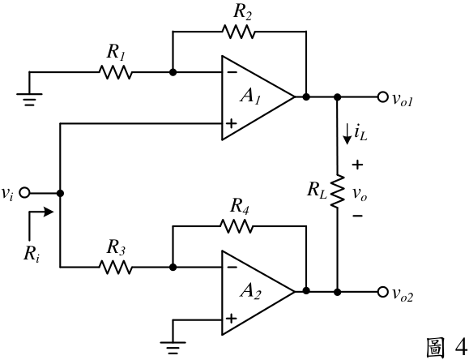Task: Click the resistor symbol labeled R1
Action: (115, 72)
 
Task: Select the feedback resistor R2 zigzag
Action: (239, 32)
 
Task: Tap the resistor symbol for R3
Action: (115, 267)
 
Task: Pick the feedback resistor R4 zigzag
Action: (237, 226)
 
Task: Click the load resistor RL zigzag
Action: (338, 191)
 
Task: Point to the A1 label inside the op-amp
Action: (250, 96)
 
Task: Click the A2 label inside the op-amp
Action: (250, 291)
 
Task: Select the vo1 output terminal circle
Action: (382, 97)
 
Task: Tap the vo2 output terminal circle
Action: (382, 291)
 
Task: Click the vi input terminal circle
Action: (24, 193)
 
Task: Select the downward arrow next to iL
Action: (347, 135)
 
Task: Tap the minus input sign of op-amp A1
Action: (232, 72)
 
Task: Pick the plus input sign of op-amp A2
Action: (231, 319)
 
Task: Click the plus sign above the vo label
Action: (357, 165)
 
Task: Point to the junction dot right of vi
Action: (60, 194)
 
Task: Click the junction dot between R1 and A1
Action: (173, 72)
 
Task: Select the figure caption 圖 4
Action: (446, 347)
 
